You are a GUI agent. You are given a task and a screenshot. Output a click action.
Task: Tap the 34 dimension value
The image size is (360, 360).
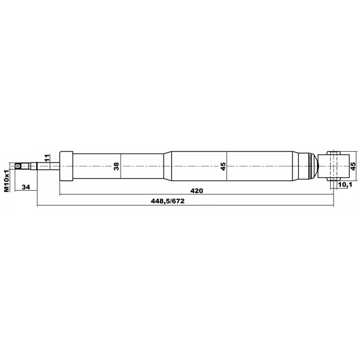click(x=26, y=187)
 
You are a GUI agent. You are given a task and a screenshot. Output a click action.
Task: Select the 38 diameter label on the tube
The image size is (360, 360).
click(x=116, y=166)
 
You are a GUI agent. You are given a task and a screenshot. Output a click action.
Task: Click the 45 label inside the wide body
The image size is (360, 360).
click(x=223, y=166)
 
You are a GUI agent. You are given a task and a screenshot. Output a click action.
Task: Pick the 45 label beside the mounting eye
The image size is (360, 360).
click(x=353, y=166)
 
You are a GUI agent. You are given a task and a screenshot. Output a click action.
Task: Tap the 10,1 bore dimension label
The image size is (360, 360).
click(x=345, y=184)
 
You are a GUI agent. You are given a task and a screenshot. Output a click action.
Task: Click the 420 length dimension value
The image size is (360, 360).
click(x=197, y=191)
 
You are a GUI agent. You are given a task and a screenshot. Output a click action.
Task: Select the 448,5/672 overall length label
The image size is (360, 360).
click(x=168, y=201)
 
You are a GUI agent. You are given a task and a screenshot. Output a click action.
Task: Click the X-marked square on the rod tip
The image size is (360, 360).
click(x=17, y=166)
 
